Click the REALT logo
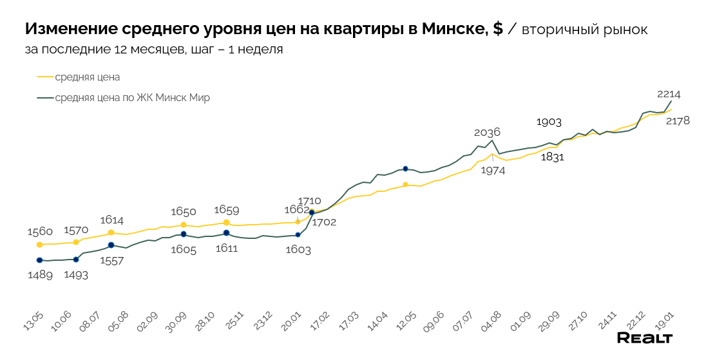pos(645,338)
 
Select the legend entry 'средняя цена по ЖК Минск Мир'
pos(132,98)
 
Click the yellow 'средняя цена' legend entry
pos(87,77)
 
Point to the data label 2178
pos(678,120)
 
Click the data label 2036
pos(487,132)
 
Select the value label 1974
pos(493,171)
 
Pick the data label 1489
pos(39,274)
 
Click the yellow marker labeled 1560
pos(39,245)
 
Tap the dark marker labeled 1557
pos(111,245)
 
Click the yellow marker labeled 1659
pos(226,222)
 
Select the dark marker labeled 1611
pos(226,232)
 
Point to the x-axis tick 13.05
pos(33,320)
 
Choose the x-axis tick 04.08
pos(491,320)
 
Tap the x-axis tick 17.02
pos(319,320)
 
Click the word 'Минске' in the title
pos(452,29)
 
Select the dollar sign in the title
pos(497,29)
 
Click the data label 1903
pos(549,122)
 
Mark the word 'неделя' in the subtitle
pos(260,49)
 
